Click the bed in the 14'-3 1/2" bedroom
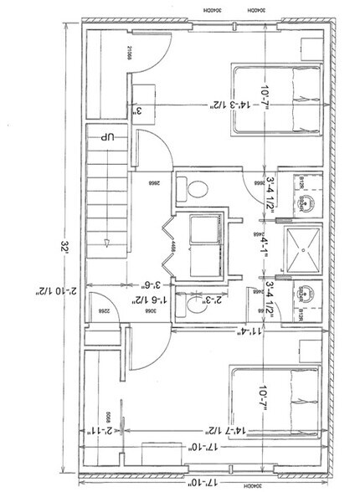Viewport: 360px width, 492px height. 277,100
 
